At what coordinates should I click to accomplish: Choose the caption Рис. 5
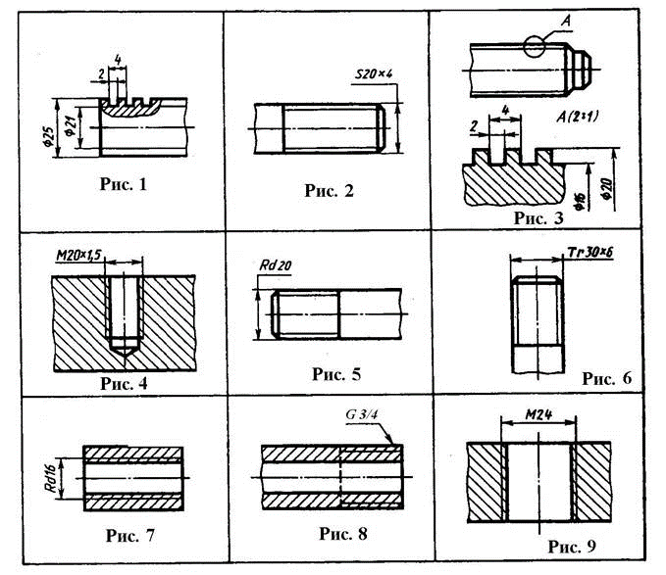(x=336, y=373)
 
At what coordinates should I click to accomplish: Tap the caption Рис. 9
(x=569, y=546)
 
